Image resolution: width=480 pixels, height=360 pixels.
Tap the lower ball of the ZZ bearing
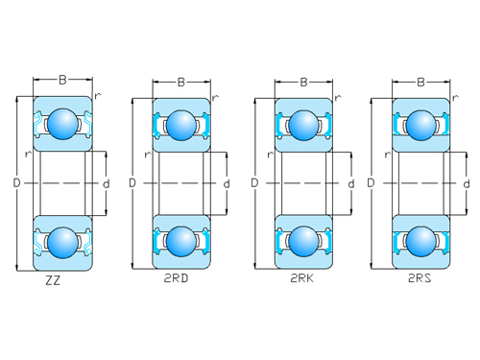coord(62,240)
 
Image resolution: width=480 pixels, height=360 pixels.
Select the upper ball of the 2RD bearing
coord(180,123)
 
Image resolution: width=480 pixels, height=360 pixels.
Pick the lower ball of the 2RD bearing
coord(180,240)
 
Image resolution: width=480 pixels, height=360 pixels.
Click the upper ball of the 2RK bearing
coord(303,123)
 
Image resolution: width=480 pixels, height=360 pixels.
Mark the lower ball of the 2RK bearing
coord(303,240)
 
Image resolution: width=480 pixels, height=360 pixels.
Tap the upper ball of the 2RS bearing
coord(420,123)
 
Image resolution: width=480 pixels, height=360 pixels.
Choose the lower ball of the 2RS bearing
coord(420,240)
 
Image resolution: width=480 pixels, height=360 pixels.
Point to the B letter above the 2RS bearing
coord(420,82)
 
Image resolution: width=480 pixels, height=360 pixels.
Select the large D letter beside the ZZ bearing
coord(16,181)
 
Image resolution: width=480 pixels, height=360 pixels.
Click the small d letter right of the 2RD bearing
coord(226,183)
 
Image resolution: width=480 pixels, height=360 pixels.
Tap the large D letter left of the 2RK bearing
coord(254,182)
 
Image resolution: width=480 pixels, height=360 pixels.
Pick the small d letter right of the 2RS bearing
coord(466,183)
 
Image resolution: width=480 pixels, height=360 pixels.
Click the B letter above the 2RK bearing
coord(303,82)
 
